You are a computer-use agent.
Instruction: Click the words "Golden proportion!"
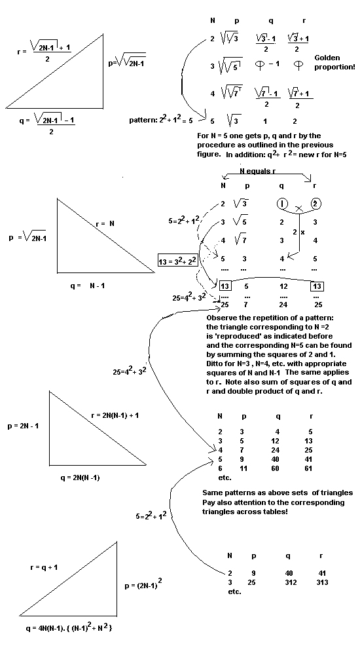click(x=335, y=63)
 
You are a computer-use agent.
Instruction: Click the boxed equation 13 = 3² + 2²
click(x=177, y=262)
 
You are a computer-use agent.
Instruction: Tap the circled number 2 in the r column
click(x=316, y=204)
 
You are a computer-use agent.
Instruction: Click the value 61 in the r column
click(x=319, y=469)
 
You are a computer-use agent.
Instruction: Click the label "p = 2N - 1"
click(x=24, y=426)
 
